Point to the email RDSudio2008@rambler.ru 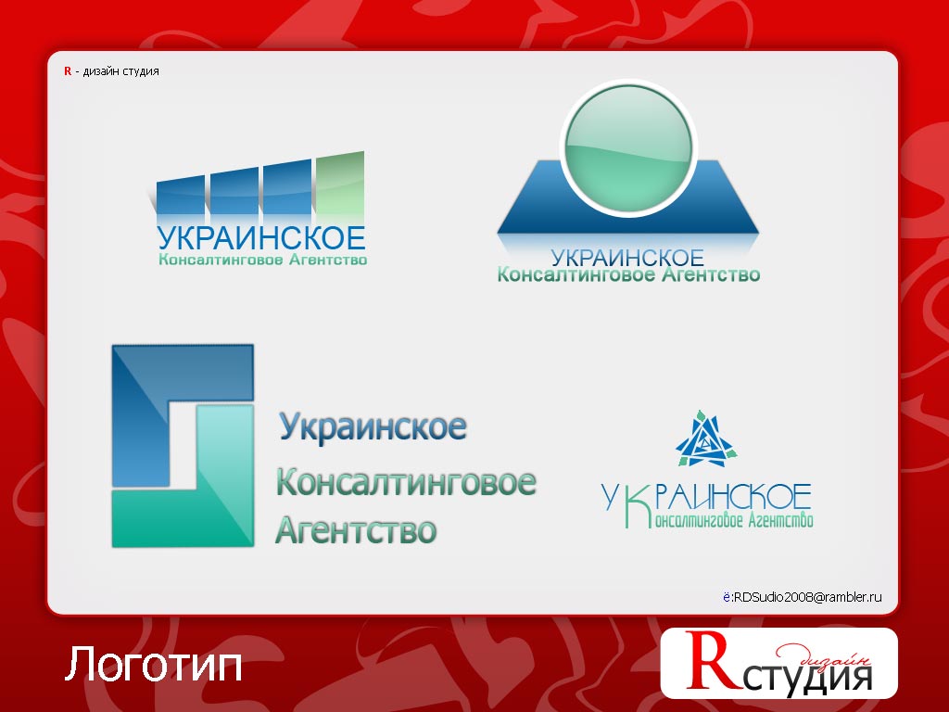806,599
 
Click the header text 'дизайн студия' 120,71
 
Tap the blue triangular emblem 705,439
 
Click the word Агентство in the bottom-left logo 356,530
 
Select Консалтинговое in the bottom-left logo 406,483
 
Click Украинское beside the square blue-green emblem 373,427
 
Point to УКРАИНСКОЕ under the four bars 261,238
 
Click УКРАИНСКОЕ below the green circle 627,257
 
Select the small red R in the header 68,71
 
